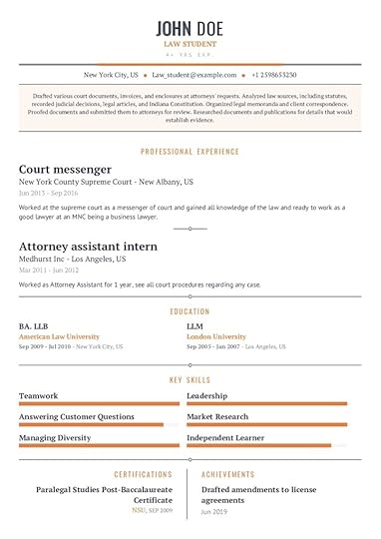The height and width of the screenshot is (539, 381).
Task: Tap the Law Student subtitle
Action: (x=190, y=44)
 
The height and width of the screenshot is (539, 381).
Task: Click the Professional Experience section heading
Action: (x=190, y=152)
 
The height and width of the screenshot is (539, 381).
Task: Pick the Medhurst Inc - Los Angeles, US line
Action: (x=72, y=259)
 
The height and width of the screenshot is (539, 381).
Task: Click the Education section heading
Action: (x=190, y=311)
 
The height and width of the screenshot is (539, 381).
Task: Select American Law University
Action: (x=59, y=337)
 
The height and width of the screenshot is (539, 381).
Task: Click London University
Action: (x=216, y=337)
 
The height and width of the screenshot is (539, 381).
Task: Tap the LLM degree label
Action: (x=194, y=326)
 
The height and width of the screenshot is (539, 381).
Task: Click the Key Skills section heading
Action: (x=190, y=380)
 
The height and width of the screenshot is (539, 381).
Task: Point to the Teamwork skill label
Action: (x=39, y=396)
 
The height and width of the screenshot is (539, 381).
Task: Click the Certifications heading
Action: (x=144, y=475)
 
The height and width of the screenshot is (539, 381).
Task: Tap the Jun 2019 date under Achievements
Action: (x=213, y=511)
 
